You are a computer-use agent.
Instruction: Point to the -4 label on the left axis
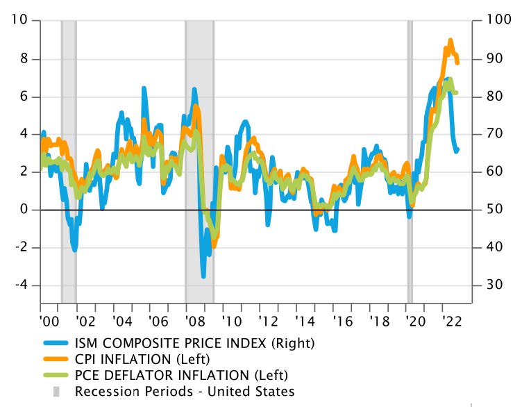click(19, 285)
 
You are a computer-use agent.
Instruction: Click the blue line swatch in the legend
click(56, 342)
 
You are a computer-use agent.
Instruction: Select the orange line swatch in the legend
click(56, 359)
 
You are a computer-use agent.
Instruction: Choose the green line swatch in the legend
click(56, 375)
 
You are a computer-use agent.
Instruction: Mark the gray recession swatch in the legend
click(56, 392)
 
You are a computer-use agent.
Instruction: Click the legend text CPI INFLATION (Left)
click(142, 359)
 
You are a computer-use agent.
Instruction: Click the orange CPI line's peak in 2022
click(451, 41)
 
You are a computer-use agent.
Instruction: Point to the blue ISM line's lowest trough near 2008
click(203, 276)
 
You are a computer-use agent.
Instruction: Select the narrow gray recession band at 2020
click(410, 160)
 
